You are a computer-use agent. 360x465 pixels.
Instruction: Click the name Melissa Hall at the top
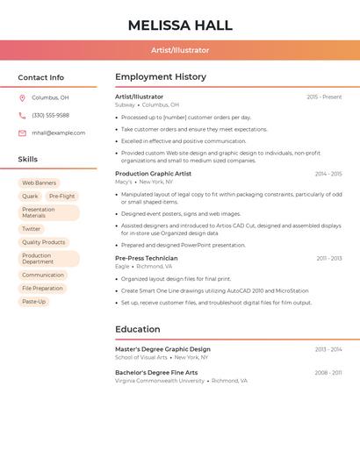coord(180,25)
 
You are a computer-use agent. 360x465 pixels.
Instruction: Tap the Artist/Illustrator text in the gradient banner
coord(180,50)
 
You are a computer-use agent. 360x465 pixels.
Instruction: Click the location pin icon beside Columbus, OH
coord(22,97)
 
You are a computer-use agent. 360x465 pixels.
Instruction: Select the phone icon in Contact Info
coord(22,115)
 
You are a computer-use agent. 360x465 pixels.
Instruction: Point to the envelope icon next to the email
coord(22,132)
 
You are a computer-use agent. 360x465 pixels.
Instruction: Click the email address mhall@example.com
coord(58,132)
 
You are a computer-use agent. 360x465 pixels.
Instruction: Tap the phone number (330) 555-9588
coord(50,115)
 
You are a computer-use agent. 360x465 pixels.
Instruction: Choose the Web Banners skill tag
coord(39,182)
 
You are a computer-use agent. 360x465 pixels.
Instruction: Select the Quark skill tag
coord(30,197)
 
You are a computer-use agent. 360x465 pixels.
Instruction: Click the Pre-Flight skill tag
coord(61,197)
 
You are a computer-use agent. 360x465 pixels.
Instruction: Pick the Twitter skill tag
coord(32,229)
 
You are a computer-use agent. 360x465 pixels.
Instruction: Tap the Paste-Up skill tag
coord(33,302)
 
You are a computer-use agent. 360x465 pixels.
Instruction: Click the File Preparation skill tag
coord(42,288)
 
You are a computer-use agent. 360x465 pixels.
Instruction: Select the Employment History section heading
coord(161,77)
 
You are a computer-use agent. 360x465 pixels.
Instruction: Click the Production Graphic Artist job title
coord(153,174)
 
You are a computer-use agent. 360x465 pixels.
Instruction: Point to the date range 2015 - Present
coord(324,97)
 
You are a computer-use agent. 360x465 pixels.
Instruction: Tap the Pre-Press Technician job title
coord(146,258)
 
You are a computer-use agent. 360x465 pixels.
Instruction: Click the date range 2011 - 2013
coord(329,258)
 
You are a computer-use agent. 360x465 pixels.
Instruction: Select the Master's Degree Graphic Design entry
coord(162,349)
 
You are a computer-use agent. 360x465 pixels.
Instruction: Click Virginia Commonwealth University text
coord(160,381)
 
